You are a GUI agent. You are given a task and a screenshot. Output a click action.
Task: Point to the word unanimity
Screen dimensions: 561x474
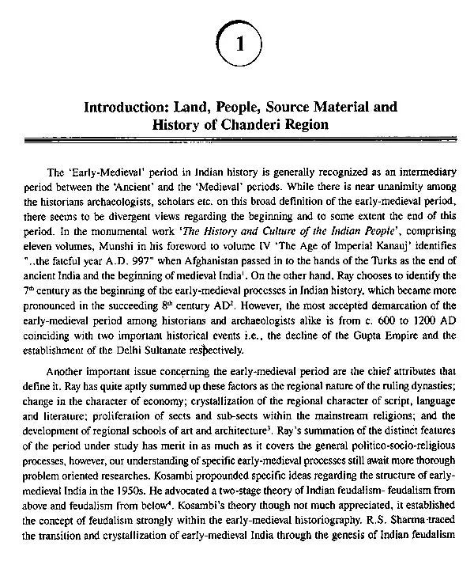pos(406,184)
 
